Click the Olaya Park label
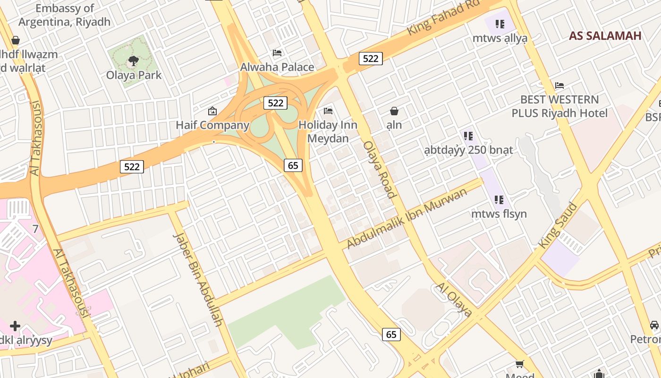click(134, 75)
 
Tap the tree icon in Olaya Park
click(133, 60)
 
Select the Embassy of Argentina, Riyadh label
click(64, 15)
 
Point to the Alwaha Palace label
click(277, 67)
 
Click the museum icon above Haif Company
click(212, 112)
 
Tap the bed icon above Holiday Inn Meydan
click(328, 111)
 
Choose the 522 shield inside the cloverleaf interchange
click(275, 103)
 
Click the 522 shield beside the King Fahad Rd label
click(371, 59)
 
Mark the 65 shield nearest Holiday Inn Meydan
click(293, 165)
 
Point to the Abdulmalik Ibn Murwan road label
click(407, 218)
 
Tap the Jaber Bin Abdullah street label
click(197, 279)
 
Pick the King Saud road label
click(558, 225)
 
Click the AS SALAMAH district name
click(605, 36)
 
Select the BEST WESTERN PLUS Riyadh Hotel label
click(559, 106)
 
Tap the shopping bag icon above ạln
click(394, 111)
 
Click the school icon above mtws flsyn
click(499, 200)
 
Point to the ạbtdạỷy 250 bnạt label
click(468, 150)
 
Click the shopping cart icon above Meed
click(519, 364)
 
